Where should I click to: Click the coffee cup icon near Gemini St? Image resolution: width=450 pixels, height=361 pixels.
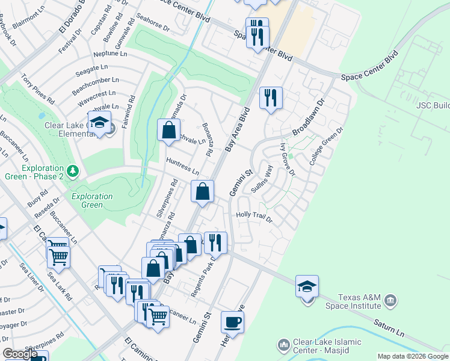point(232,322)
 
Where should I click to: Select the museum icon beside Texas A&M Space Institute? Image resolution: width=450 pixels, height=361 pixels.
point(390,299)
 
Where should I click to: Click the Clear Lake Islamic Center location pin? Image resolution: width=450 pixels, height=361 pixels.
point(283,345)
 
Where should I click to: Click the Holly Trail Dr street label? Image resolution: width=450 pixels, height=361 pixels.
point(254,217)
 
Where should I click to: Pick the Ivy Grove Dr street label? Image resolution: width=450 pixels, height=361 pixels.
point(287,159)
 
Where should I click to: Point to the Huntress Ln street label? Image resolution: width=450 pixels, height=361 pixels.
point(182,166)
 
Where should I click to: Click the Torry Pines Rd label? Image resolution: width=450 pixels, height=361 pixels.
point(38,88)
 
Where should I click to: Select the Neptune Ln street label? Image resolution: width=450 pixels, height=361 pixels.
point(110,54)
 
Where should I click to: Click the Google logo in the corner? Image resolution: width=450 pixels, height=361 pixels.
point(20,354)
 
